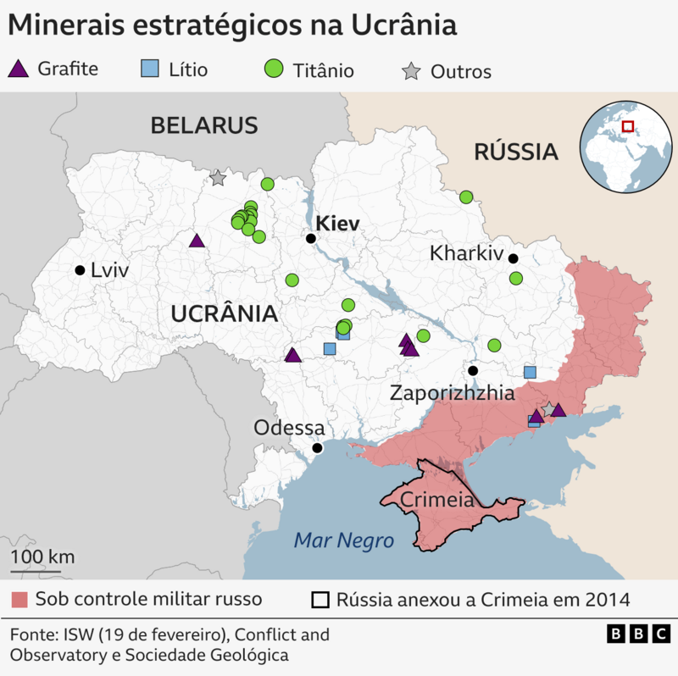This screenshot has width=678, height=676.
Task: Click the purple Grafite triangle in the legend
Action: pos(19,69)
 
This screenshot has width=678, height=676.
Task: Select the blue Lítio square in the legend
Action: pos(149,69)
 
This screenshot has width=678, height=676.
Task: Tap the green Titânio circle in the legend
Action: pos(274,69)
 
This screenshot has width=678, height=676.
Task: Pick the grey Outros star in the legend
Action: pos(411,71)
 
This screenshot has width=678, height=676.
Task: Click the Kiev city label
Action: pos(337,224)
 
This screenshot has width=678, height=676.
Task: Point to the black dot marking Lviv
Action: pos(80,270)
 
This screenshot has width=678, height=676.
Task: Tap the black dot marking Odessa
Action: pos(317,448)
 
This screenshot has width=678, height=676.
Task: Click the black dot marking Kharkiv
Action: pos(513,258)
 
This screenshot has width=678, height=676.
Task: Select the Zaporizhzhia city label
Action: pos(452,394)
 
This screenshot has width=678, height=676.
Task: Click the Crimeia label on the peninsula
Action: pos(436,500)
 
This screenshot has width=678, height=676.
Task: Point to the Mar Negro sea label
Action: pos(344,540)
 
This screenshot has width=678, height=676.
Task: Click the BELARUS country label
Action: pos(203,126)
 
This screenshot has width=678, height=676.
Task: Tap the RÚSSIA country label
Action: pos(515,152)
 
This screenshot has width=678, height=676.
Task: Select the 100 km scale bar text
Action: pos(42,557)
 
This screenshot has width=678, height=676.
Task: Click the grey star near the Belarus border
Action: pos(218,178)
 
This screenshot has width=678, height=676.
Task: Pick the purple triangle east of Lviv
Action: pos(197,241)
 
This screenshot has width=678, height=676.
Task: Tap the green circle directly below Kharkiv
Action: pos(515,279)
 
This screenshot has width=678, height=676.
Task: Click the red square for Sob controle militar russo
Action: pos(19,601)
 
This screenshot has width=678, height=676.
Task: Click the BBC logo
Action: pos(639,634)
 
